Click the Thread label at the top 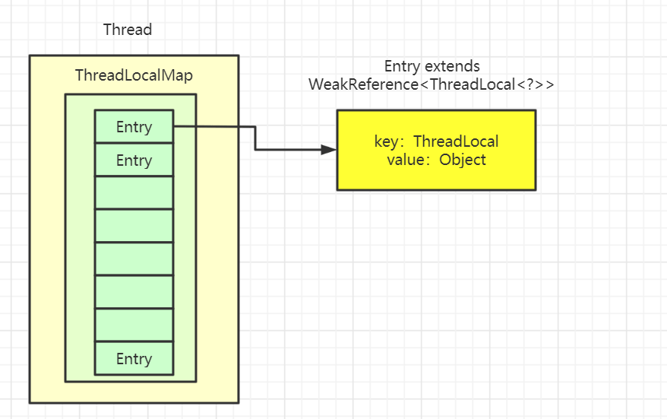pyautogui.click(x=128, y=30)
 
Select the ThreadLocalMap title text pyautogui.click(x=134, y=75)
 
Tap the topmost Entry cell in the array pyautogui.click(x=134, y=127)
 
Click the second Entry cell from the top pyautogui.click(x=134, y=160)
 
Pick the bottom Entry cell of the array pyautogui.click(x=134, y=359)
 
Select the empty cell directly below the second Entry pyautogui.click(x=134, y=193)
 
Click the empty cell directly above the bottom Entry pyautogui.click(x=134, y=325)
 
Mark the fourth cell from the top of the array pyautogui.click(x=134, y=226)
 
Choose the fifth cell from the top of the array pyautogui.click(x=134, y=259)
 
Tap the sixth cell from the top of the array pyautogui.click(x=134, y=292)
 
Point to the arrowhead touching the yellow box pyautogui.click(x=329, y=150)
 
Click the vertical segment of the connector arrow pyautogui.click(x=255, y=138)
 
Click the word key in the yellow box pyautogui.click(x=387, y=142)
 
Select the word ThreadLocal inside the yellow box pyautogui.click(x=456, y=142)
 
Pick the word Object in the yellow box pyautogui.click(x=463, y=160)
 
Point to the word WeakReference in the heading pyautogui.click(x=363, y=84)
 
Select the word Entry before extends pyautogui.click(x=402, y=66)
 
